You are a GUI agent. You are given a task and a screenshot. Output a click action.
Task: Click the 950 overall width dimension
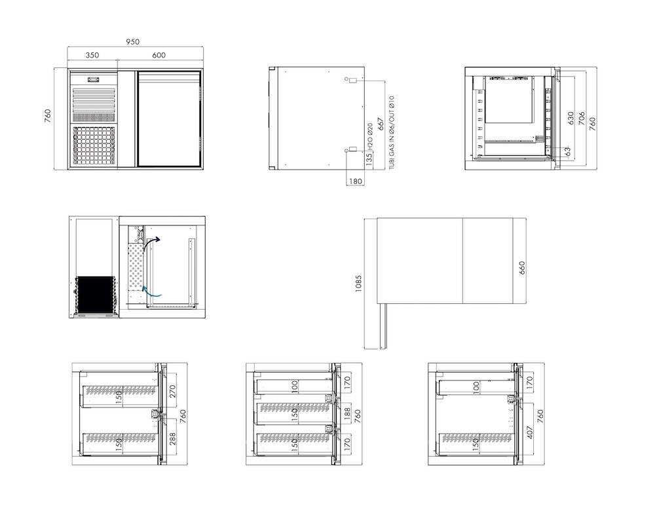point(132,42)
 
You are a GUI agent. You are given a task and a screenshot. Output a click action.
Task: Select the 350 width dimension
point(92,55)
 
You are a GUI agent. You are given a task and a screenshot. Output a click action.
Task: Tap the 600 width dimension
point(159,55)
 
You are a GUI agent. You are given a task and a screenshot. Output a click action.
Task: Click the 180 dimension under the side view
point(355,181)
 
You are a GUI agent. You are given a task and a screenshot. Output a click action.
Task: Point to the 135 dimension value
point(369,160)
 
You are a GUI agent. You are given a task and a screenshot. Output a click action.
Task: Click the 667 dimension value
point(381,124)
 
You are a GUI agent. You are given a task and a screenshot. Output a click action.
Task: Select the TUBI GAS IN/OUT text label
point(392,132)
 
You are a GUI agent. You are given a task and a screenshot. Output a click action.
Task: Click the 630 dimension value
point(571,119)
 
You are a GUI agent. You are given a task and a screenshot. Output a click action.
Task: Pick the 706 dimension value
point(582,119)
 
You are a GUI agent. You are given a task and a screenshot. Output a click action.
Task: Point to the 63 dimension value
point(567,151)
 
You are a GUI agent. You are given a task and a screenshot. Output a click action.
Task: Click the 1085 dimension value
point(358,284)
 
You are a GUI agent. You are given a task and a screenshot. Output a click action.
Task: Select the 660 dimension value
point(522,268)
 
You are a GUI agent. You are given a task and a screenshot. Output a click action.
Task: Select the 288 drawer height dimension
point(173,439)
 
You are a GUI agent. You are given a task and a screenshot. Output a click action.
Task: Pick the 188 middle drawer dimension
point(347,414)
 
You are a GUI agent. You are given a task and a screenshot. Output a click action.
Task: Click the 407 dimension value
point(530,433)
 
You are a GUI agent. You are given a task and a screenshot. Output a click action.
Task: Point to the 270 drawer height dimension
point(173,391)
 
